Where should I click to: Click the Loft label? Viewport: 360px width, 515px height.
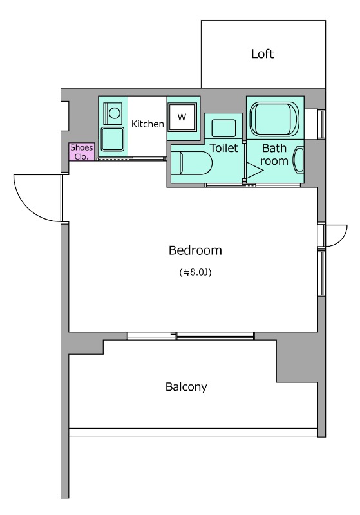click(262, 53)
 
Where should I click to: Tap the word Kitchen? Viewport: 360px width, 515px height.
click(147, 124)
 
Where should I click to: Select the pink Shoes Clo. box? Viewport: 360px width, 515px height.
click(82, 152)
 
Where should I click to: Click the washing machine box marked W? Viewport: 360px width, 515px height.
click(182, 117)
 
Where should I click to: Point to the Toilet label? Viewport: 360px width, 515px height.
click(223, 148)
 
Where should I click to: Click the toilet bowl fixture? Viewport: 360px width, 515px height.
click(191, 163)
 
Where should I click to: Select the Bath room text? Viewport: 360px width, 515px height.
click(274, 154)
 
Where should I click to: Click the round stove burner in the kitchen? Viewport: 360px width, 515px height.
click(114, 113)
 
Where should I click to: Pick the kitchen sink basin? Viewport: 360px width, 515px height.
click(113, 139)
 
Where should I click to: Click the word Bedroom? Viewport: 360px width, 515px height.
click(195, 250)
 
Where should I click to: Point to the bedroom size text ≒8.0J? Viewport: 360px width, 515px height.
click(195, 272)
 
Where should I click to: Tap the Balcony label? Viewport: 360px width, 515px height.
click(186, 387)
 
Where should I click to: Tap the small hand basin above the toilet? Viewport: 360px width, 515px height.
click(223, 128)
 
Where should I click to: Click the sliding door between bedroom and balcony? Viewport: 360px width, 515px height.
click(190, 335)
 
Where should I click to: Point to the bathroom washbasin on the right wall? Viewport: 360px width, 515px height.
click(299, 160)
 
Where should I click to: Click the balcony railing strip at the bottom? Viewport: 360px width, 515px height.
click(193, 432)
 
